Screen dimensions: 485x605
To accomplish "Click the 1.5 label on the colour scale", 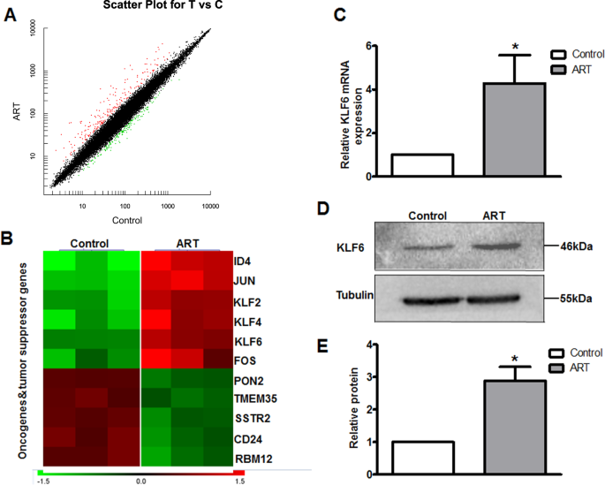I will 238,481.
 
